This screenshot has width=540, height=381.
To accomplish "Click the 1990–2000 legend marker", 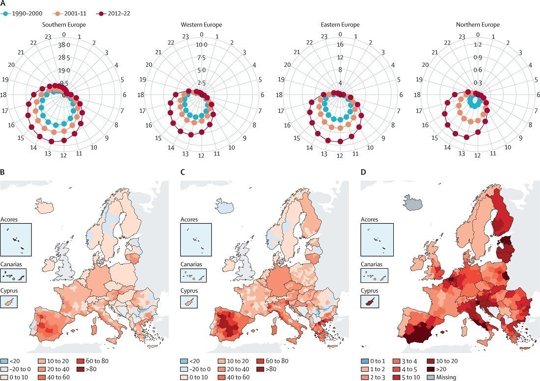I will point(6,13).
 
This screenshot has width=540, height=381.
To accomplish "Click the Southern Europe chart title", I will point(64,25).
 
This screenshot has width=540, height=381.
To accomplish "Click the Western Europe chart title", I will point(201,25).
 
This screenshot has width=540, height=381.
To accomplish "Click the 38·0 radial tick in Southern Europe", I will point(64,45).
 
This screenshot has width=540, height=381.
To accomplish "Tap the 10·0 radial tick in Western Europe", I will point(202,45).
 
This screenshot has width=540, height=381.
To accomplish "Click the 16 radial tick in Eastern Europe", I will point(340,45).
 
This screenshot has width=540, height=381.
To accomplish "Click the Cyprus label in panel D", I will point(370,290).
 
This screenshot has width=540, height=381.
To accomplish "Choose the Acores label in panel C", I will point(189,219).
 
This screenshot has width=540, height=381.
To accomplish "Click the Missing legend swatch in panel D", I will point(432,377).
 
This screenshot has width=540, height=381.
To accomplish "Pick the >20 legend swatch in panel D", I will point(432,368).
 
